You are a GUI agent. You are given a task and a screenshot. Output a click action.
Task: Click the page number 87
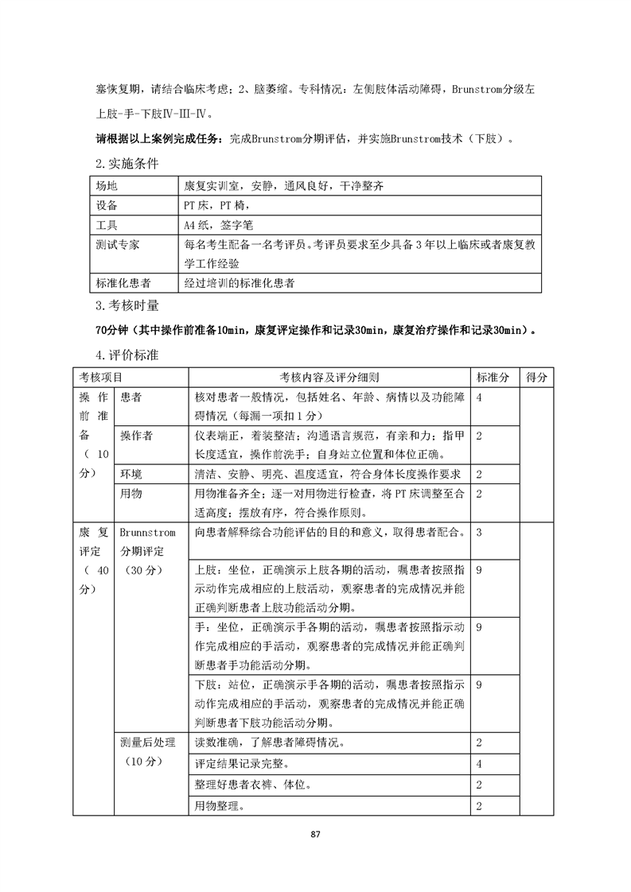[x=316, y=834]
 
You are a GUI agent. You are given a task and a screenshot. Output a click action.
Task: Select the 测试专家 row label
[x=117, y=245]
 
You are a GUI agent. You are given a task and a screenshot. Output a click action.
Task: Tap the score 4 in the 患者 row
[x=479, y=397]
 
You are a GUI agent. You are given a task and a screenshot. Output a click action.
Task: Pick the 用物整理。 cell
[x=220, y=806]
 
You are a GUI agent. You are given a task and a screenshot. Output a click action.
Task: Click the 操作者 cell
[x=136, y=436]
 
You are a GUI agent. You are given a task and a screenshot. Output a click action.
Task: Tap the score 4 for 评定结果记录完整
[x=479, y=764]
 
